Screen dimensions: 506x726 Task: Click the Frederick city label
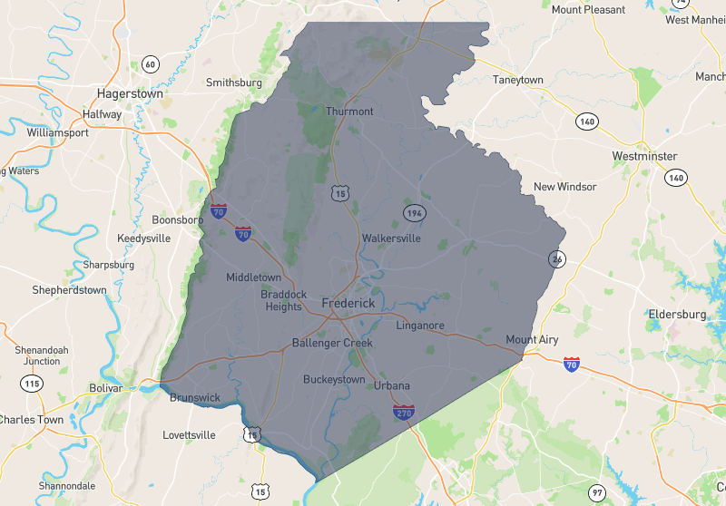click(x=348, y=303)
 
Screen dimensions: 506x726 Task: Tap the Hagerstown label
click(x=130, y=93)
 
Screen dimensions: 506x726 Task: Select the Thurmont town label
click(x=349, y=112)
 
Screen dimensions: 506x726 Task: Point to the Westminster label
click(x=644, y=156)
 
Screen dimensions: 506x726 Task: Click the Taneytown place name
click(x=517, y=80)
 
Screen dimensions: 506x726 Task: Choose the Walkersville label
click(x=391, y=238)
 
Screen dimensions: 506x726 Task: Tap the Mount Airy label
click(x=532, y=340)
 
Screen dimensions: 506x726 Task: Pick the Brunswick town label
click(x=194, y=397)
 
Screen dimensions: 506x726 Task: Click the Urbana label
click(x=391, y=385)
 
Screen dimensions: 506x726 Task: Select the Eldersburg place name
click(x=677, y=314)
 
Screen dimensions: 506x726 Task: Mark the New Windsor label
click(x=564, y=187)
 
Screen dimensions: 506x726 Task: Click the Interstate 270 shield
click(x=405, y=413)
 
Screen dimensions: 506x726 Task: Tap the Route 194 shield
click(x=415, y=212)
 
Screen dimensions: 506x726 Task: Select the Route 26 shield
click(x=556, y=258)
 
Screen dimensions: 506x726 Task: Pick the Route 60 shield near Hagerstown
click(x=151, y=63)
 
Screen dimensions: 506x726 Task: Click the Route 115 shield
click(x=33, y=384)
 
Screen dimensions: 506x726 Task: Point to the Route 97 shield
click(x=595, y=492)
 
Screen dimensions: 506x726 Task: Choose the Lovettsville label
click(x=189, y=435)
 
